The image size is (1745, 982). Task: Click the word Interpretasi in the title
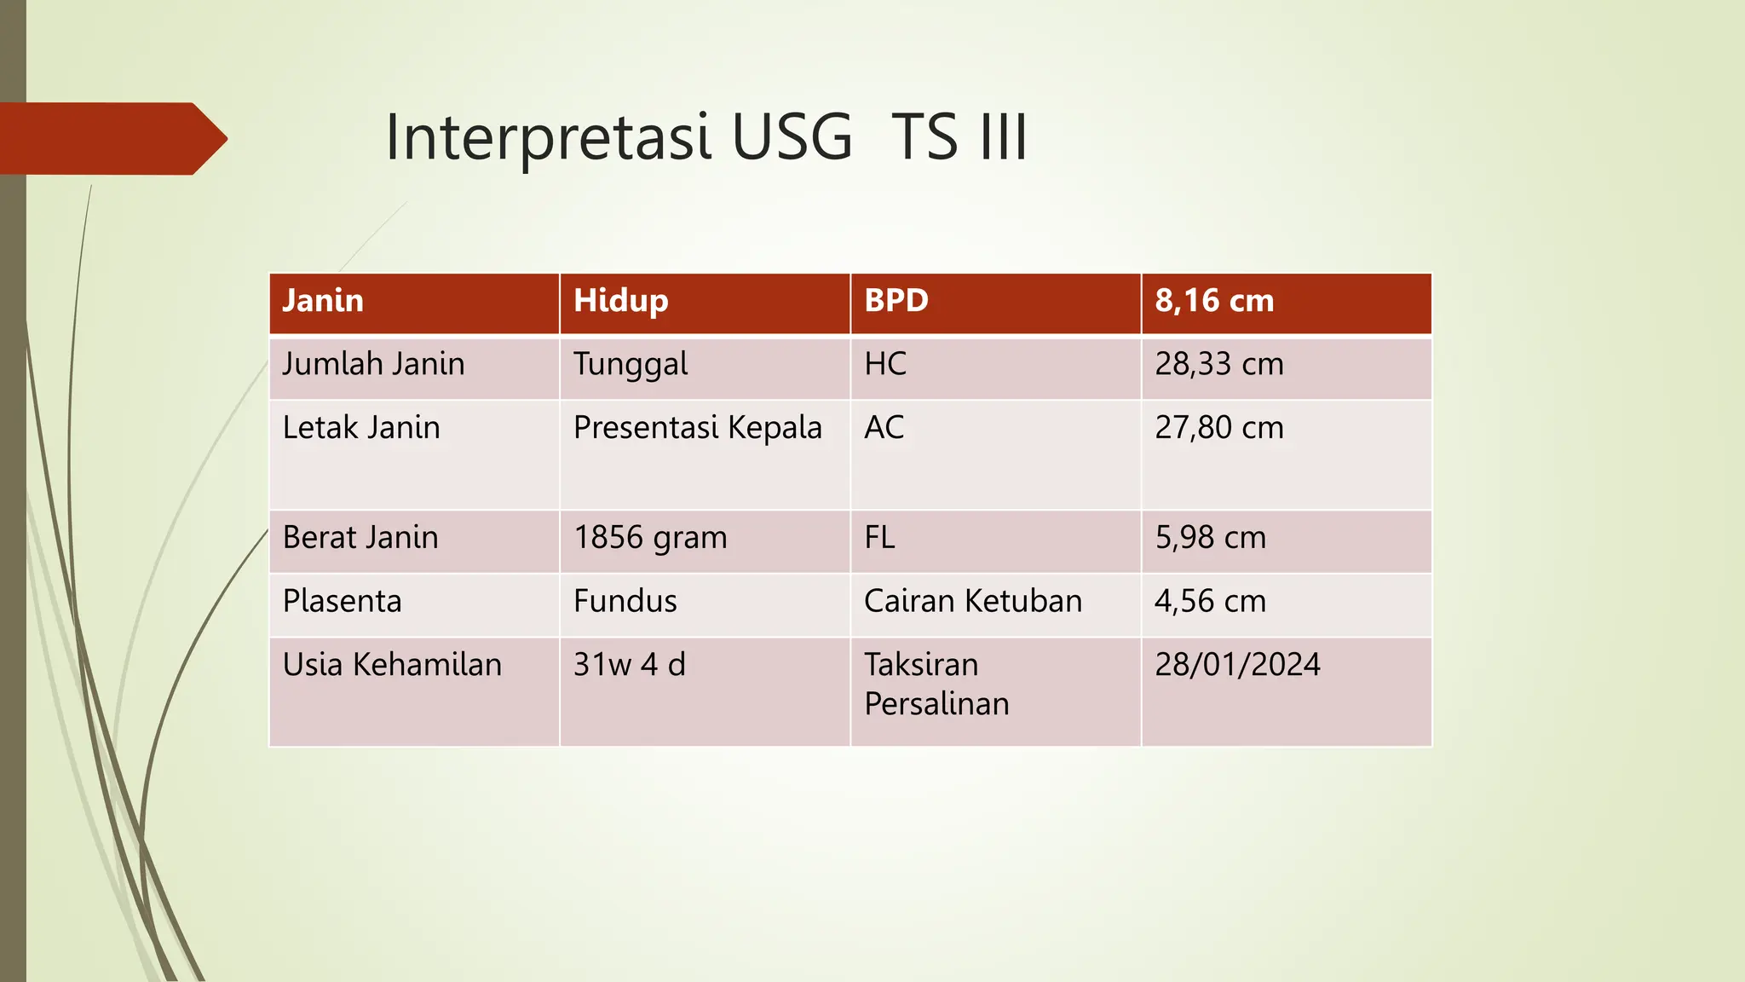pos(547,137)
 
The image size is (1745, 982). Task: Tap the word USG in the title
pos(792,137)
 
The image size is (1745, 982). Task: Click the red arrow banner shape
pos(111,138)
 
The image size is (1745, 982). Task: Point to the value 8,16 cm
pos(1214,301)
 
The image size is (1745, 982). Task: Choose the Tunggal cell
pos(630,365)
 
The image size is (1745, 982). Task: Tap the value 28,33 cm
pos(1218,364)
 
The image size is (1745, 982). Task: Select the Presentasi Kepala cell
pos(697,428)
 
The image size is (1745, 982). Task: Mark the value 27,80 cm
pos(1218,428)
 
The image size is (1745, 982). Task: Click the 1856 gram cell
pos(650,538)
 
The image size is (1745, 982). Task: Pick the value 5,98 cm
pos(1210,538)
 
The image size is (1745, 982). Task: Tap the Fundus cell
pos(625,602)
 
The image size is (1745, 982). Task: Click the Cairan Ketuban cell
pos(972,602)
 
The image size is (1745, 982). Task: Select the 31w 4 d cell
pos(629,665)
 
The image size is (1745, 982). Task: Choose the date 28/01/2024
pos(1237,665)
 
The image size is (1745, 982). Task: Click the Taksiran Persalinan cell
pos(936,685)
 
